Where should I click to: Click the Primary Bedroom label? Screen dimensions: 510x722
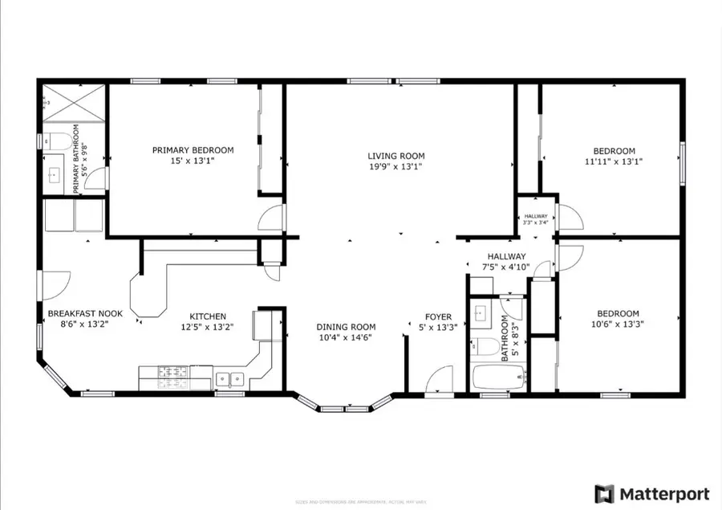coord(193,150)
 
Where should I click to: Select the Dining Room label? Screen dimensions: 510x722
coord(346,327)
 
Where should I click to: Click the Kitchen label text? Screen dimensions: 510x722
coord(207,316)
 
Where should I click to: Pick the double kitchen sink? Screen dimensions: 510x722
coord(229,378)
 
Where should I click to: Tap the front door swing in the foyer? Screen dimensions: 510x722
coord(440,378)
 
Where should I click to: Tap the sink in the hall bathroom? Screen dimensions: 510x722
coord(483,313)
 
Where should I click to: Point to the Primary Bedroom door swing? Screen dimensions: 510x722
coord(273,216)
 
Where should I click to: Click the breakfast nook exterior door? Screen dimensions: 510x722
coord(53,283)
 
